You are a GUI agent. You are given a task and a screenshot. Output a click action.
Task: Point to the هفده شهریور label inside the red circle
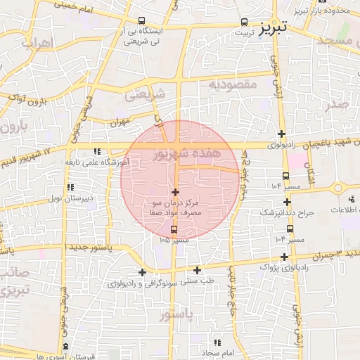pyautogui.click(x=187, y=153)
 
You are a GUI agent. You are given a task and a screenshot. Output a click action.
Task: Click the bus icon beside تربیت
pyautogui.click(x=244, y=22)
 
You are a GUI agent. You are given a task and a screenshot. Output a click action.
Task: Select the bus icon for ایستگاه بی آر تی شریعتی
pyautogui.click(x=143, y=21)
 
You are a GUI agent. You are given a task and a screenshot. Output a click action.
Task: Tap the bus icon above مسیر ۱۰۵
pyautogui.click(x=174, y=229)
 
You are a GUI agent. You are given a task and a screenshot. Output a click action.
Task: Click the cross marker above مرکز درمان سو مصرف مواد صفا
pyautogui.click(x=175, y=192)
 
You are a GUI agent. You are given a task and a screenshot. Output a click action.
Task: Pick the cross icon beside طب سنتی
pyautogui.click(x=197, y=270)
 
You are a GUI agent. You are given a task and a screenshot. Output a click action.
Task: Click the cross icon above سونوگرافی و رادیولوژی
pyautogui.click(x=143, y=272)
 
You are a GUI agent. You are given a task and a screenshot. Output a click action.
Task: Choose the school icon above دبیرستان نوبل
pyautogui.click(x=70, y=187)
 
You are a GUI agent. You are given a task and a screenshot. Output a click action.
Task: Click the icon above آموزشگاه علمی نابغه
pyautogui.click(x=97, y=151)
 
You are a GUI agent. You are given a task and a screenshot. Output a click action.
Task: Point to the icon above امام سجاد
pyautogui.click(x=217, y=342)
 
